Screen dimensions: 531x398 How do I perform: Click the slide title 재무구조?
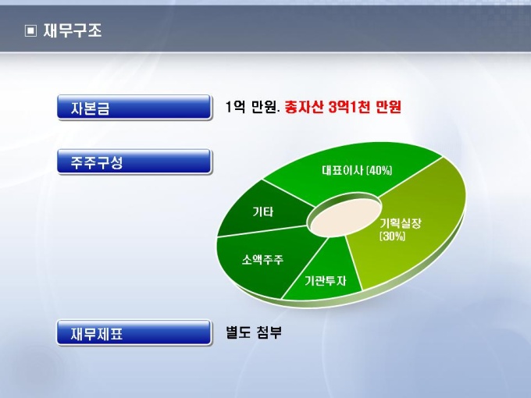click(x=73, y=30)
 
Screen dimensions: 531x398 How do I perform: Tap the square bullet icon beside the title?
click(x=30, y=31)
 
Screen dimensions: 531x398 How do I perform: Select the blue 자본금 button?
click(x=134, y=107)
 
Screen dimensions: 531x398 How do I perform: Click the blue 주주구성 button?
click(x=134, y=162)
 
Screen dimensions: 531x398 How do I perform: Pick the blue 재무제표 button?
click(x=134, y=333)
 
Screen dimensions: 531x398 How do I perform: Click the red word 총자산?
click(x=304, y=107)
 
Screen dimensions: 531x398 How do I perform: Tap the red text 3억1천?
click(x=349, y=107)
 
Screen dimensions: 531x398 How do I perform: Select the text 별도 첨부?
click(x=254, y=332)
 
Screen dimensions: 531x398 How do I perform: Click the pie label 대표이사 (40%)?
click(x=357, y=170)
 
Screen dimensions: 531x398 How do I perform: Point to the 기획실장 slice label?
click(x=401, y=222)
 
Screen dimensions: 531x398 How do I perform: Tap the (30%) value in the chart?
click(x=393, y=236)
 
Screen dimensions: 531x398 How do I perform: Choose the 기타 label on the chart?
click(x=263, y=211)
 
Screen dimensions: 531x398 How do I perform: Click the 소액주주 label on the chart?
click(x=262, y=260)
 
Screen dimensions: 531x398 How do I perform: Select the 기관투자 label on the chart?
click(x=325, y=281)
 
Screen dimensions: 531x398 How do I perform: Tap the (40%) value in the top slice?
click(x=380, y=170)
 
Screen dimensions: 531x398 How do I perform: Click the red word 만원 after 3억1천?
click(x=388, y=107)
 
